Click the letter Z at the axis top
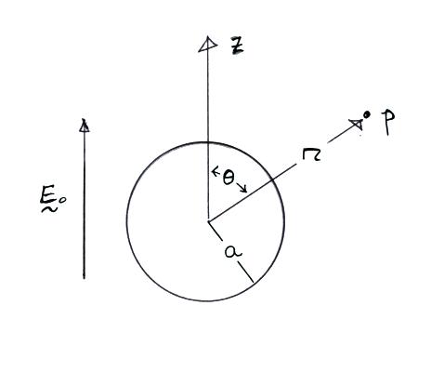[238, 46]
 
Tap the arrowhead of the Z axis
[207, 45]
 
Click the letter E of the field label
[47, 195]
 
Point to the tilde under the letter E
[49, 210]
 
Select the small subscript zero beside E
[62, 200]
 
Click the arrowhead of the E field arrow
[84, 126]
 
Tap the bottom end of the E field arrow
[84, 278]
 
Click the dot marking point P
[367, 114]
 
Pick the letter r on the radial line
[311, 154]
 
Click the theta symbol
[229, 179]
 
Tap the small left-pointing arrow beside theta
[215, 170]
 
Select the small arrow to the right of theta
[242, 187]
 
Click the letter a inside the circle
[233, 251]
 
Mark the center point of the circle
[208, 221]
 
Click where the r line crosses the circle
[271, 179]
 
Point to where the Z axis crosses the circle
[208, 142]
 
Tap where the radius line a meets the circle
[254, 282]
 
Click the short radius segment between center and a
[215, 231]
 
